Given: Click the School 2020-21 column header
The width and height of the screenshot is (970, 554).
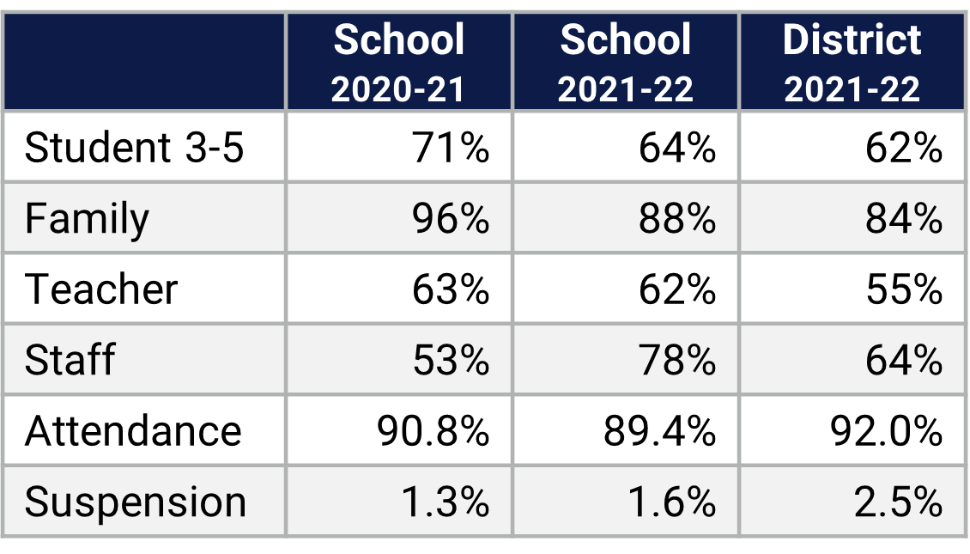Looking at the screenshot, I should (399, 63).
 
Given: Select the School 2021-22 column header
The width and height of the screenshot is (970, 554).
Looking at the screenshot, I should (626, 63).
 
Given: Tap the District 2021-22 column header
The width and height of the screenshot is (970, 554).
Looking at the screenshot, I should (852, 63).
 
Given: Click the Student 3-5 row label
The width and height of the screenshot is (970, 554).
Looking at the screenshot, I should (135, 148).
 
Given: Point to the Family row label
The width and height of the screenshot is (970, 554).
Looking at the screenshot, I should (87, 218).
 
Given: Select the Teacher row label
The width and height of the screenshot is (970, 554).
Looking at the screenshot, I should (101, 289).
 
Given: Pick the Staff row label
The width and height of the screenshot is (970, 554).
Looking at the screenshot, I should (70, 359).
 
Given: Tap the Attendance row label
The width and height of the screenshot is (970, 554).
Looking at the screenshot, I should (133, 429).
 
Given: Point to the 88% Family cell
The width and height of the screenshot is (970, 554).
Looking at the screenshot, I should (677, 218).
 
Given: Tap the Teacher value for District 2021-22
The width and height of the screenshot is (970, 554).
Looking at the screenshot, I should (904, 289).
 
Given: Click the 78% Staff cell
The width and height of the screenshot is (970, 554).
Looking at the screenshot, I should (677, 359).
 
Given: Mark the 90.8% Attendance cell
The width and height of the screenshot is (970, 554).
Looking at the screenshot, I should (433, 429).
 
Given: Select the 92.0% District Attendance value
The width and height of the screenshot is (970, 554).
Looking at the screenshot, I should (887, 429).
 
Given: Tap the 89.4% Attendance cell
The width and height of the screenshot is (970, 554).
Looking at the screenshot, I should (660, 429).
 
